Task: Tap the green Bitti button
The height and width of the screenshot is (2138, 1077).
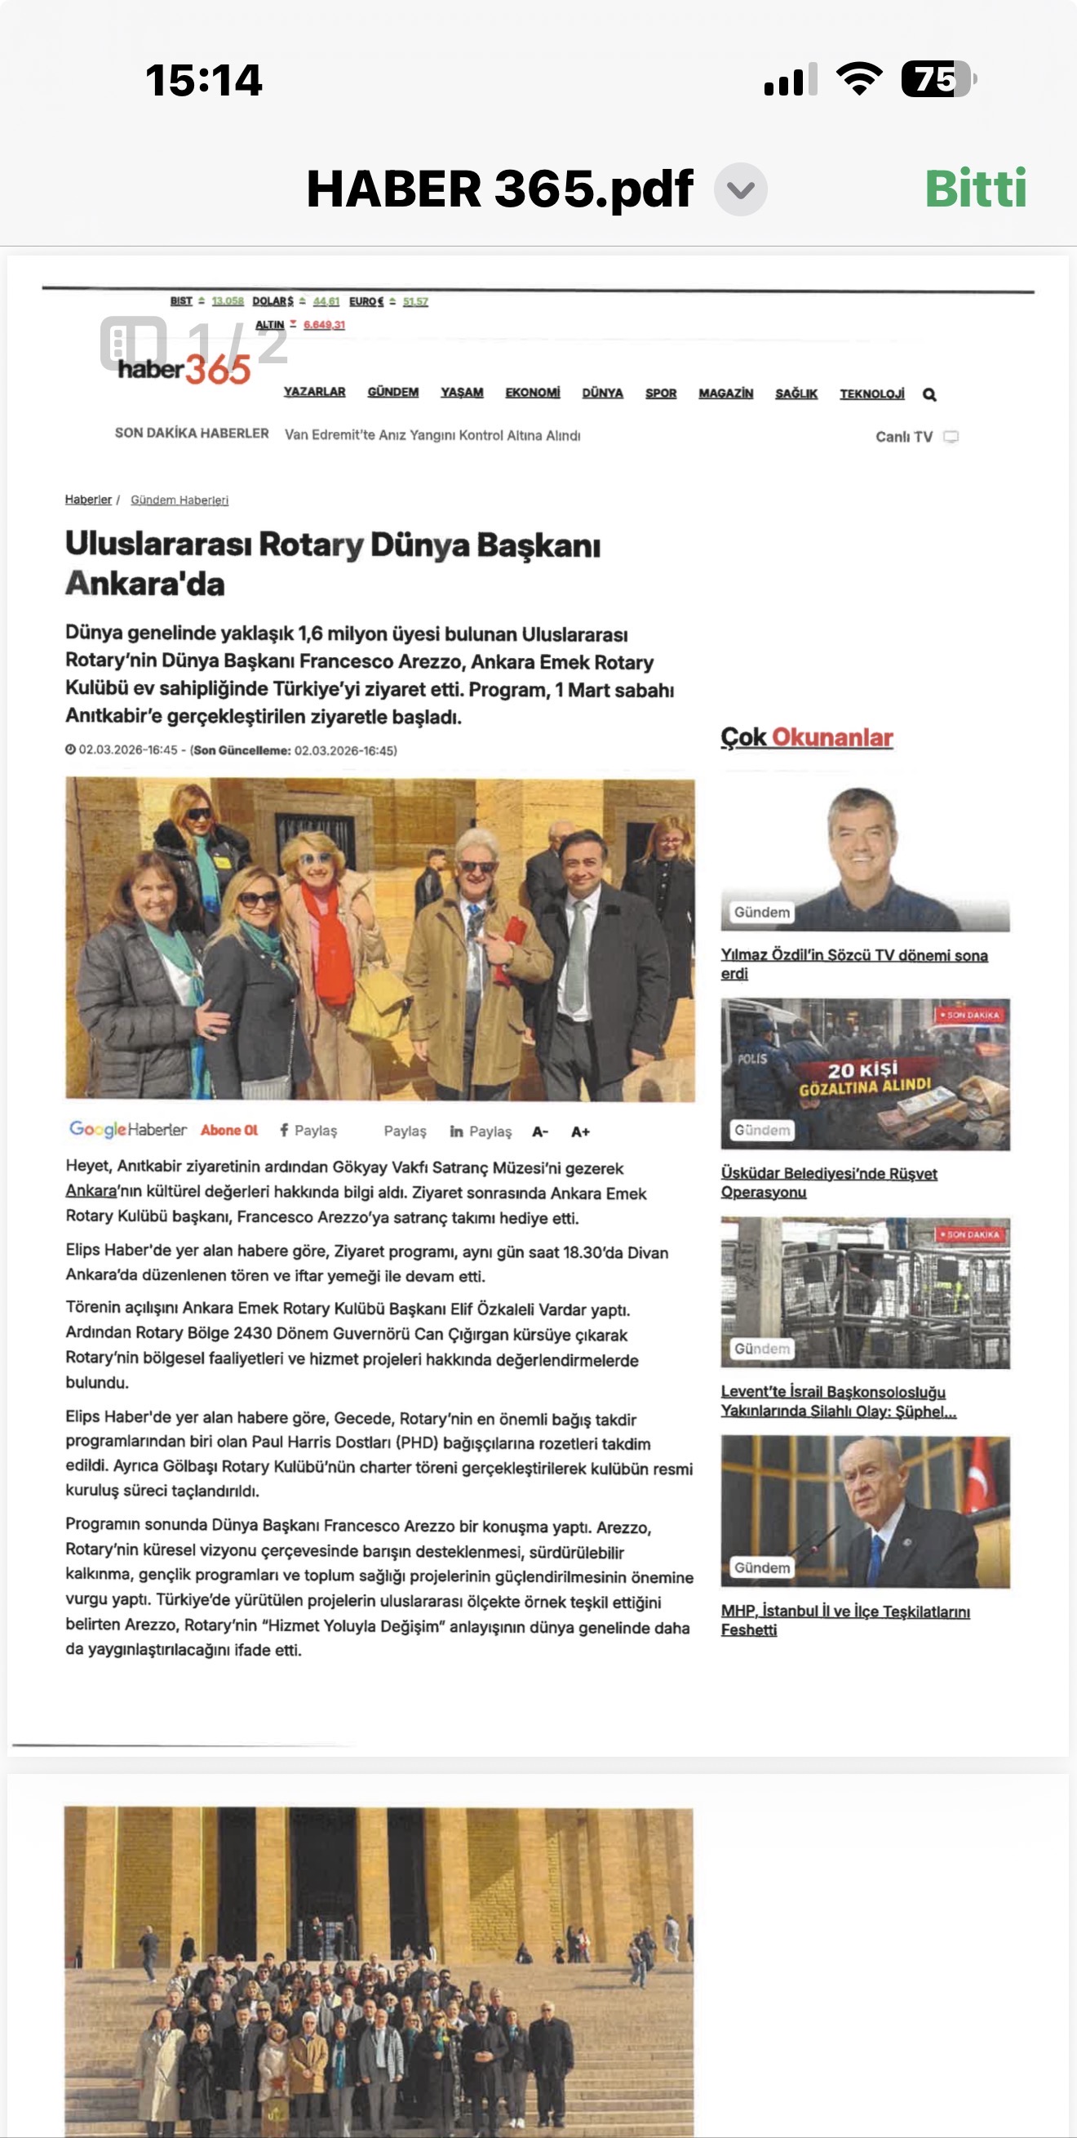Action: click(x=975, y=189)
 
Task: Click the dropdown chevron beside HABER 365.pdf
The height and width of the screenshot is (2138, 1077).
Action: click(x=740, y=189)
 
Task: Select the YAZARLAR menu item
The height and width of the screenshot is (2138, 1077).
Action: click(x=314, y=392)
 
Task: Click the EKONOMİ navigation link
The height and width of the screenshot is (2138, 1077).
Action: click(x=532, y=393)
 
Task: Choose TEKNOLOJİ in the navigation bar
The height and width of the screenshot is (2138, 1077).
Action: click(x=871, y=393)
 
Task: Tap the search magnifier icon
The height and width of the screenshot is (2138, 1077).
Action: click(x=929, y=395)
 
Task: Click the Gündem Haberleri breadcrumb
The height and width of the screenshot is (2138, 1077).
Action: click(x=179, y=500)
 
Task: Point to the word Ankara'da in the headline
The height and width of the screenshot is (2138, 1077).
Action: click(x=145, y=584)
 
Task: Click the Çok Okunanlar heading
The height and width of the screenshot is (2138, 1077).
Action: click(x=806, y=737)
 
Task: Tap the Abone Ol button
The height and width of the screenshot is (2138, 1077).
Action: click(x=229, y=1130)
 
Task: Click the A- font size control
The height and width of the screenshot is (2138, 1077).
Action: click(x=540, y=1131)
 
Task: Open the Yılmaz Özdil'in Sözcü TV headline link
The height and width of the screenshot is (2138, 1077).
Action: click(x=853, y=963)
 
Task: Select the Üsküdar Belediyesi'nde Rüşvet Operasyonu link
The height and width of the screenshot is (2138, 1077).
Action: click(x=828, y=1182)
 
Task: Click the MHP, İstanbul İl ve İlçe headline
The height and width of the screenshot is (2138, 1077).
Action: click(x=844, y=1620)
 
